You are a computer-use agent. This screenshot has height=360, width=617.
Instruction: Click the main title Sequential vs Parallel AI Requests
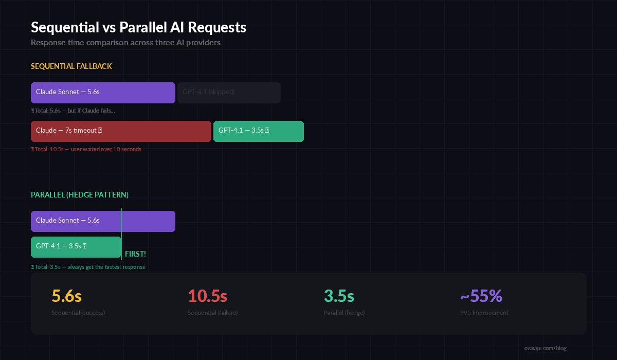click(x=138, y=27)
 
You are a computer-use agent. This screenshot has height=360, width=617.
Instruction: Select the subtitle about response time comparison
click(x=125, y=43)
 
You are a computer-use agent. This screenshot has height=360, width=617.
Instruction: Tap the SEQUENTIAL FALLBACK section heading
click(x=71, y=66)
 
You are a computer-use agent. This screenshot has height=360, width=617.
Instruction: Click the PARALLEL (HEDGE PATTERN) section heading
click(x=80, y=195)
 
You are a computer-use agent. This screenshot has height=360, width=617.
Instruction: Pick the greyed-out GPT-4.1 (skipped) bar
click(x=229, y=93)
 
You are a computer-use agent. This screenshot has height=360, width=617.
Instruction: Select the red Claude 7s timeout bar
click(x=121, y=131)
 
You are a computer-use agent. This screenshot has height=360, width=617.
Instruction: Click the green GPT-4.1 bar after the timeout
click(x=258, y=131)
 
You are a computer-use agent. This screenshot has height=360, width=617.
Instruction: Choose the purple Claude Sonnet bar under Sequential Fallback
click(x=103, y=93)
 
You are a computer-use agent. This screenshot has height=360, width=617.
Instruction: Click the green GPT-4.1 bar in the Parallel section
click(x=76, y=247)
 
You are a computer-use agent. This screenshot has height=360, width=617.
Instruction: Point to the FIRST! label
click(x=135, y=254)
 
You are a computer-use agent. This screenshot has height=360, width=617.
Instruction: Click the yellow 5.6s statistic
click(x=66, y=296)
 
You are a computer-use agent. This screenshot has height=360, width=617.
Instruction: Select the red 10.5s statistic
click(x=207, y=296)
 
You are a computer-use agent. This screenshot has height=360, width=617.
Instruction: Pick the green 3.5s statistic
click(x=339, y=296)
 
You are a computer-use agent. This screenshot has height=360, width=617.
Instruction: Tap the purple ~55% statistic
click(x=481, y=296)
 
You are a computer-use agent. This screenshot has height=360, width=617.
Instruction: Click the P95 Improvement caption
click(x=484, y=313)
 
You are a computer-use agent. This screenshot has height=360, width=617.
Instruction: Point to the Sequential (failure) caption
click(x=212, y=313)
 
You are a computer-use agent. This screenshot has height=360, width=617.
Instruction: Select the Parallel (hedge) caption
click(x=344, y=313)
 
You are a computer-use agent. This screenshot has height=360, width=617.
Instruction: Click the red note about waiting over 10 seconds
click(x=86, y=149)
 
